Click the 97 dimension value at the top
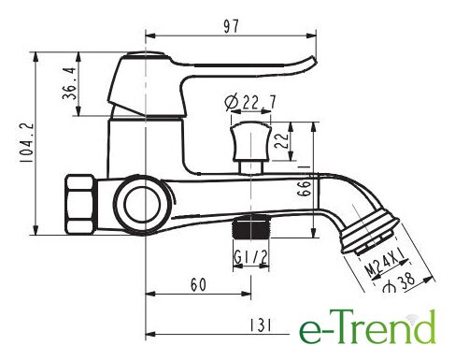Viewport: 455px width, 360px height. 232,26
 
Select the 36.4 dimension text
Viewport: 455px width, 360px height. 69,83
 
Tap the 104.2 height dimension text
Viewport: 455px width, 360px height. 26,142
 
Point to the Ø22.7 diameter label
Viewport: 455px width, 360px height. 250,102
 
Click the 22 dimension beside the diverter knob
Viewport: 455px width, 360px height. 280,141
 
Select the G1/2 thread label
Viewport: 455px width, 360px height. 250,258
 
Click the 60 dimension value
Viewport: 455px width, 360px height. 198,284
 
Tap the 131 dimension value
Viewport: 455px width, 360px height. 261,325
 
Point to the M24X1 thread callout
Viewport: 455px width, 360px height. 386,263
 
